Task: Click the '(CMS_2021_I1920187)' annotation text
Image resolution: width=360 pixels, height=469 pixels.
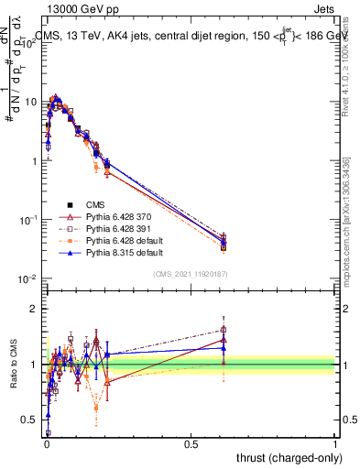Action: (190, 274)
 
